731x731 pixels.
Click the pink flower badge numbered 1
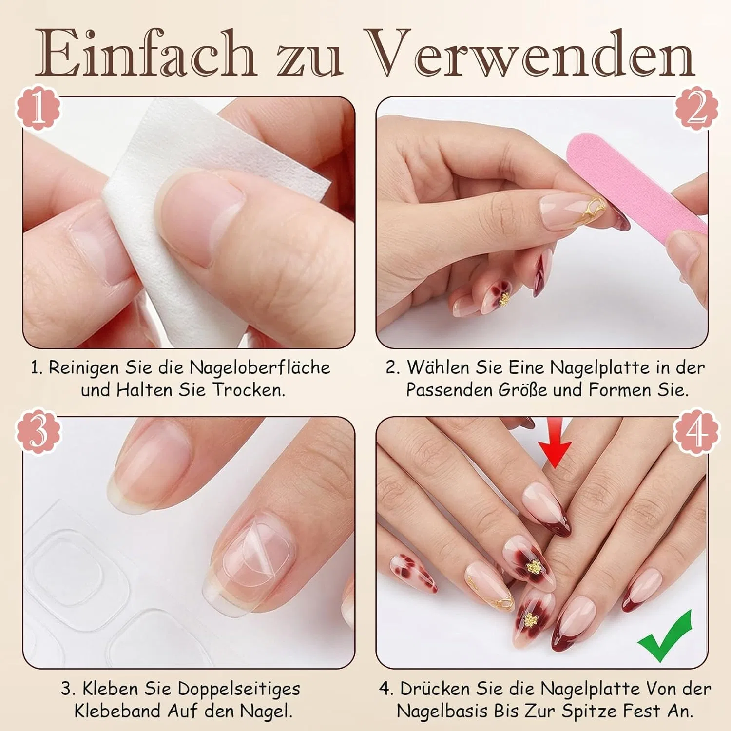point(38,108)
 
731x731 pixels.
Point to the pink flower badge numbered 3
point(38,432)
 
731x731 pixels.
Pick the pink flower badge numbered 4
point(696,432)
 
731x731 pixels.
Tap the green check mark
point(665,636)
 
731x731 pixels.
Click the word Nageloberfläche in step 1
point(260,367)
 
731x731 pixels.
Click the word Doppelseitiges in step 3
point(239,689)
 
